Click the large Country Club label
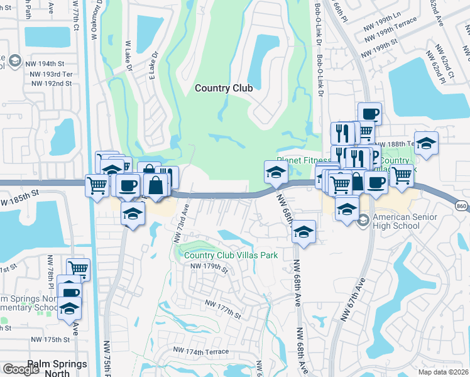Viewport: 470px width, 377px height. coord(224,88)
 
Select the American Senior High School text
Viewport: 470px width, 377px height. coord(405,222)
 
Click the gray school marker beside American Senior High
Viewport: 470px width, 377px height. coord(363,221)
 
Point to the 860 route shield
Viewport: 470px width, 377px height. coord(461,206)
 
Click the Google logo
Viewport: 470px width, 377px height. coord(21,369)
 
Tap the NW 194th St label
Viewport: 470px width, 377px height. coord(45,63)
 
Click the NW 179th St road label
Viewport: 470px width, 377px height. coord(208,267)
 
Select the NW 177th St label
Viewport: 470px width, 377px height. coord(223,307)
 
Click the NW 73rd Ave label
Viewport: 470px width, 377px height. coord(180,221)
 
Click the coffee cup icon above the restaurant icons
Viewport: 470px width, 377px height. coord(369,114)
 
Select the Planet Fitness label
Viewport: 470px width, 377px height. coord(304,161)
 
